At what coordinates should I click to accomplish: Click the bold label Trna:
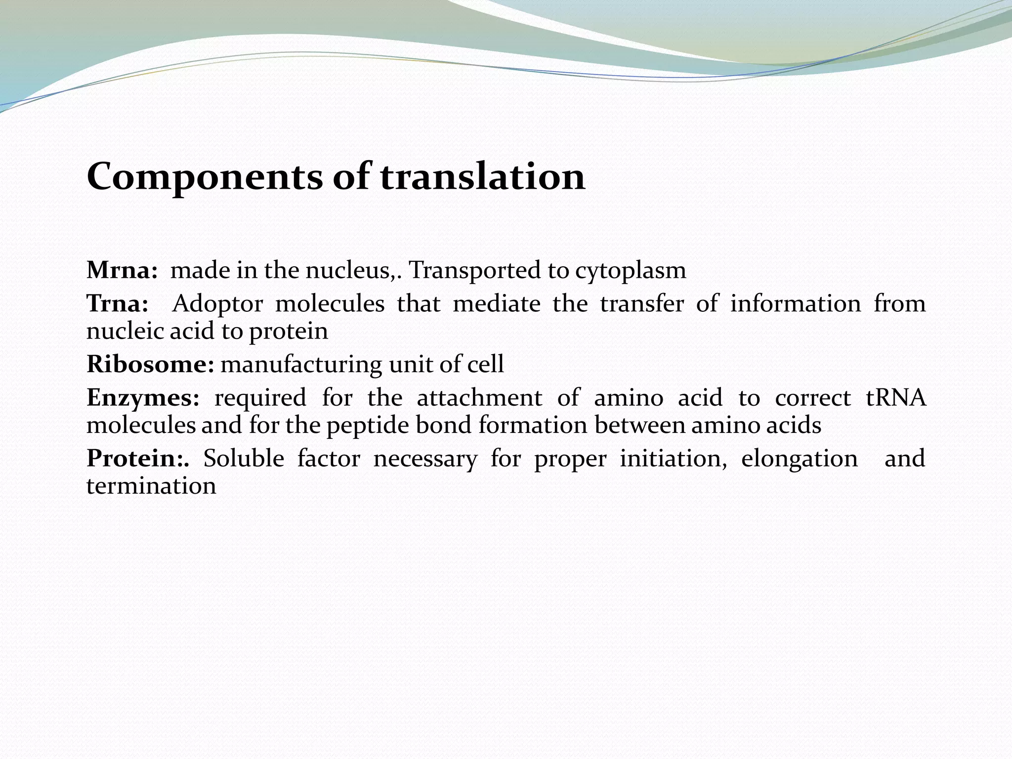pos(117,303)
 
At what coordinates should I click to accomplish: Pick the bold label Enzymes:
pos(143,398)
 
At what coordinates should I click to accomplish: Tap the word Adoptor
pos(217,303)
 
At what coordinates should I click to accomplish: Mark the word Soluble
pos(244,459)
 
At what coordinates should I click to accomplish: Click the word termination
pos(151,486)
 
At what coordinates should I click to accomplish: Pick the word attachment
pos(479,398)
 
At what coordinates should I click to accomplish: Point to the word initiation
pos(673,459)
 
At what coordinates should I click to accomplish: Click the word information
pos(796,303)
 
